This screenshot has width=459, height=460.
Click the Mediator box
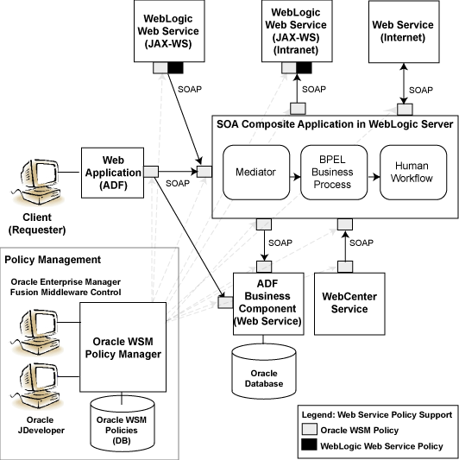tap(255, 173)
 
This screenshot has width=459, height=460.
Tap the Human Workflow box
tap(412, 173)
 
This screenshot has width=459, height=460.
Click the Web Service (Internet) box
tap(402, 32)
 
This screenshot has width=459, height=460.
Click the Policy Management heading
tap(53, 259)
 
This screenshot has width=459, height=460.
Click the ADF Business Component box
tap(267, 303)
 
